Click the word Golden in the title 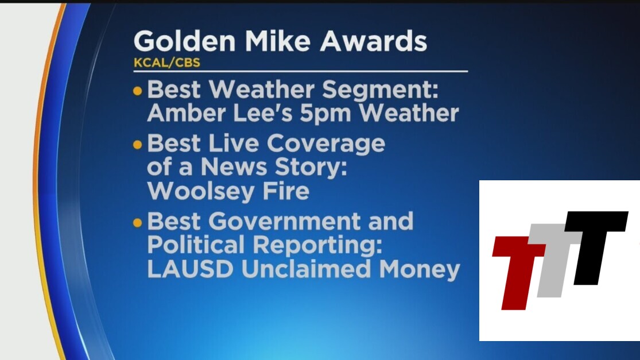click(185, 41)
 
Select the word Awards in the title click(373, 41)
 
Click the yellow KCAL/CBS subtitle click(167, 63)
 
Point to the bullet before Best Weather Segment click(138, 91)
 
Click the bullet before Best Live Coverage click(138, 144)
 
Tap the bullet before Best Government click(138, 222)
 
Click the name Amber click(187, 113)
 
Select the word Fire click(286, 191)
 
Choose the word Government click(285, 222)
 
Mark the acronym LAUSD click(190, 269)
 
